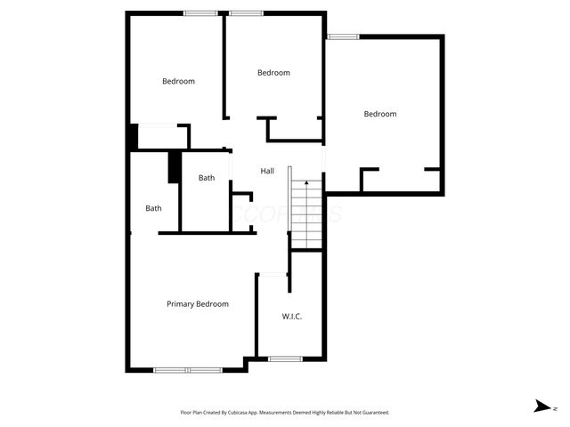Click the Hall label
click(x=267, y=171)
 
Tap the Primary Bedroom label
click(x=198, y=304)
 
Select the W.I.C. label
click(x=292, y=316)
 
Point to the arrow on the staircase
click(x=306, y=184)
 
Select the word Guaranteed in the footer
click(x=374, y=413)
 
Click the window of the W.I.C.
click(x=285, y=359)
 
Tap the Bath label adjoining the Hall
click(x=207, y=178)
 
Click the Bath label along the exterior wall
click(x=154, y=209)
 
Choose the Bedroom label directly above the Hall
click(x=273, y=73)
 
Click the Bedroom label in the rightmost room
click(x=380, y=114)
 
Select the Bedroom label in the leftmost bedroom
click(x=178, y=82)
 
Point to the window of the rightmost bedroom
click(x=343, y=36)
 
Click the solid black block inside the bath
click(x=175, y=167)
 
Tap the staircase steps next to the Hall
click(x=305, y=213)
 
